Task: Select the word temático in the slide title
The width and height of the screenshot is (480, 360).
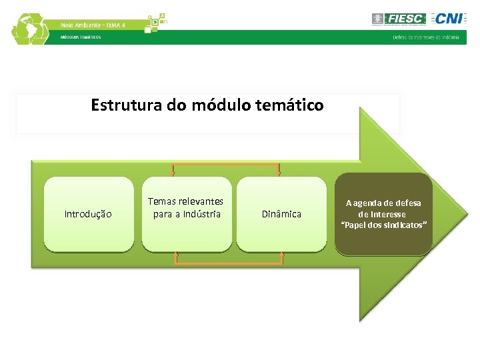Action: (296, 105)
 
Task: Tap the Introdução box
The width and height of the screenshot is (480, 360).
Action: (88, 214)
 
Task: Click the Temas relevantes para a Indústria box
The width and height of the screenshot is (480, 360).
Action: (186, 214)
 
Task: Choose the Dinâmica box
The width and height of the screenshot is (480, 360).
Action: (281, 214)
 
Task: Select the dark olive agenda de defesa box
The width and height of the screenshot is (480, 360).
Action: (383, 214)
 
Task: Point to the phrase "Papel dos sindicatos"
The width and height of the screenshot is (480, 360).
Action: (383, 225)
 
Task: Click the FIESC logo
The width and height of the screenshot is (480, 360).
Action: (399, 19)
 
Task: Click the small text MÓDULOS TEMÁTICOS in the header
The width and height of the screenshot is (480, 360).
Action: (81, 37)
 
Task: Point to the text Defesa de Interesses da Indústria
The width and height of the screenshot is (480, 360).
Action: (425, 37)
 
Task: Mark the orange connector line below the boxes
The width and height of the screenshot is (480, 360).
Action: (229, 265)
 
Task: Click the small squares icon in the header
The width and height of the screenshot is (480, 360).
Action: (155, 23)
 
